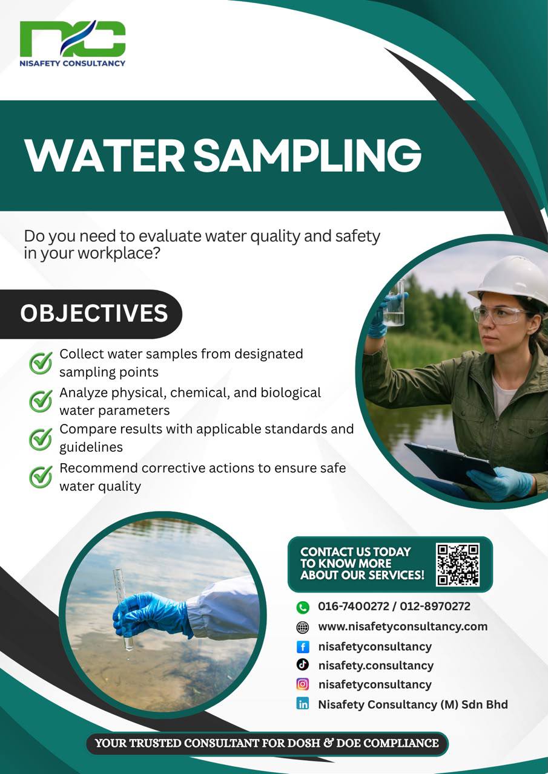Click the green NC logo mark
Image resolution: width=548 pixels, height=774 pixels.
[x=73, y=38]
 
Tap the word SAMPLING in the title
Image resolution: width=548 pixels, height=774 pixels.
[x=308, y=155]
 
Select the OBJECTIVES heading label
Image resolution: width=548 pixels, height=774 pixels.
[x=94, y=313]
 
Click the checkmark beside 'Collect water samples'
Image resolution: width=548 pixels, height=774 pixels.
[x=41, y=363]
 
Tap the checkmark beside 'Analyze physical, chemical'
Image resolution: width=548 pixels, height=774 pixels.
[x=41, y=401]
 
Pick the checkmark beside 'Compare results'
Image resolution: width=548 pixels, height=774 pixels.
[x=41, y=439]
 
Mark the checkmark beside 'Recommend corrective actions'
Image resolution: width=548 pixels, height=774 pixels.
[x=41, y=477]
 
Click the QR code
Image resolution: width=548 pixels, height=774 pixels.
[x=458, y=565]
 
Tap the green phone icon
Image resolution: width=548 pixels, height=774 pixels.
[x=303, y=607]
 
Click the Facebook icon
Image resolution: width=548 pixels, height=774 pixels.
[x=303, y=646]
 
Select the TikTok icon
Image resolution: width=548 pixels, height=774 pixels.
[x=303, y=665]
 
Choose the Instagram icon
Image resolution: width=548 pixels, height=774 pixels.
[x=303, y=684]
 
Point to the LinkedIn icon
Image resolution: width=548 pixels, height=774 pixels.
[x=303, y=704]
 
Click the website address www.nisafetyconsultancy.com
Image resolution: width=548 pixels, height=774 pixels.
[x=403, y=627]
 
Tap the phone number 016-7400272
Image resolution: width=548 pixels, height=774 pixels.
[x=354, y=606]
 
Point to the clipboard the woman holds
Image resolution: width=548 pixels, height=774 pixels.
[x=451, y=464]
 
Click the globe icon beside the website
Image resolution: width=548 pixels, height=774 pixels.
[x=303, y=627]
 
